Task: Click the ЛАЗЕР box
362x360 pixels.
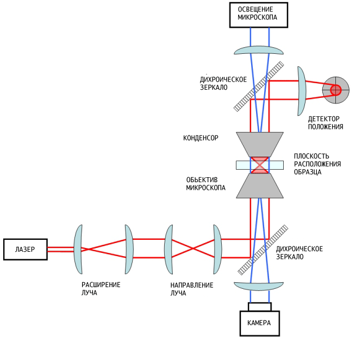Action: tap(26, 250)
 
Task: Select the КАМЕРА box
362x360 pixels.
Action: tap(259, 323)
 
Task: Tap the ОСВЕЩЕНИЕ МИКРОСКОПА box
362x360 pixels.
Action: tap(259, 15)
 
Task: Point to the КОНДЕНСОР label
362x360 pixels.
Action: tap(201, 138)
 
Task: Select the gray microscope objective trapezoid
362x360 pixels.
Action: tap(260, 185)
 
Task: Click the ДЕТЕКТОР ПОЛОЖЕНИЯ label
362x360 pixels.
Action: tap(326, 123)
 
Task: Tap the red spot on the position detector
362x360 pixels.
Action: tap(336, 90)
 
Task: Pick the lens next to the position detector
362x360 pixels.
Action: tap(302, 91)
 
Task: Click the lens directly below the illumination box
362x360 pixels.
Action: tap(259, 50)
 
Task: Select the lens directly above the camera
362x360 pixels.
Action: tap(259, 286)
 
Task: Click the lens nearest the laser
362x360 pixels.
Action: tap(78, 250)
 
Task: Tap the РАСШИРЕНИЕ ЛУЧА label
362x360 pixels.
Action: tap(101, 289)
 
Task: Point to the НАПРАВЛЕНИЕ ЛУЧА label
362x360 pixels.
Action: tap(192, 289)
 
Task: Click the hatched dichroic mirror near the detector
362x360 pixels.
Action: tap(259, 86)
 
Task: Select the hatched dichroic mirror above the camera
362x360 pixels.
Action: tap(263, 250)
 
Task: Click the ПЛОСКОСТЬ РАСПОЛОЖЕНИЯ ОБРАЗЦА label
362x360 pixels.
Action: tap(317, 164)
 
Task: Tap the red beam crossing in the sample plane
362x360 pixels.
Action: tap(260, 165)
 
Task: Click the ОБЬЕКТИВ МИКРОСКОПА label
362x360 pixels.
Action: tap(205, 184)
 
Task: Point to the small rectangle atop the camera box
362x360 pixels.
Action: tap(260, 307)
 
